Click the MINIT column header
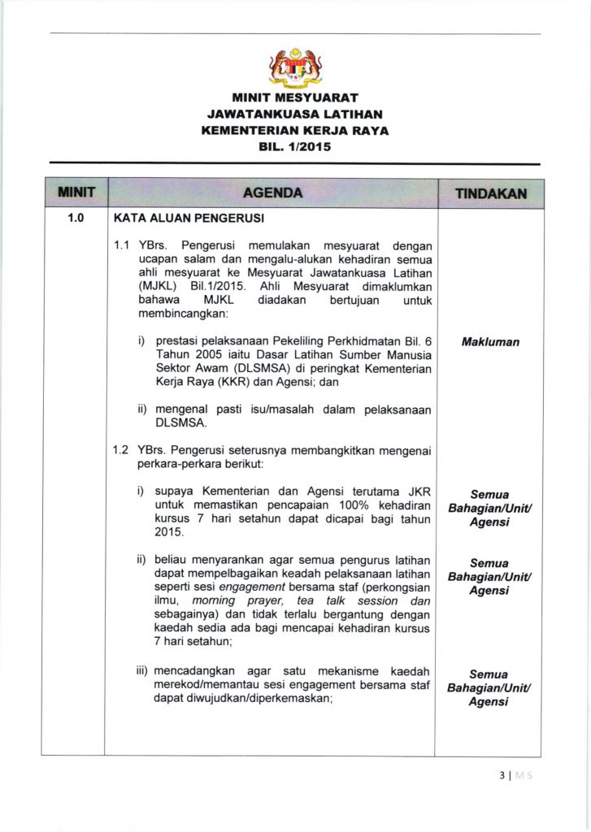coord(73,193)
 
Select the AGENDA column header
coord(272,193)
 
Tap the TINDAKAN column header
coord(490,193)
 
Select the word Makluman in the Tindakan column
coord(489,342)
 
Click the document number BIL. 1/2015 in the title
coord(295,147)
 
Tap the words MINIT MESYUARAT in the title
coord(295,98)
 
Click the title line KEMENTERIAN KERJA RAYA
coord(295,131)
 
